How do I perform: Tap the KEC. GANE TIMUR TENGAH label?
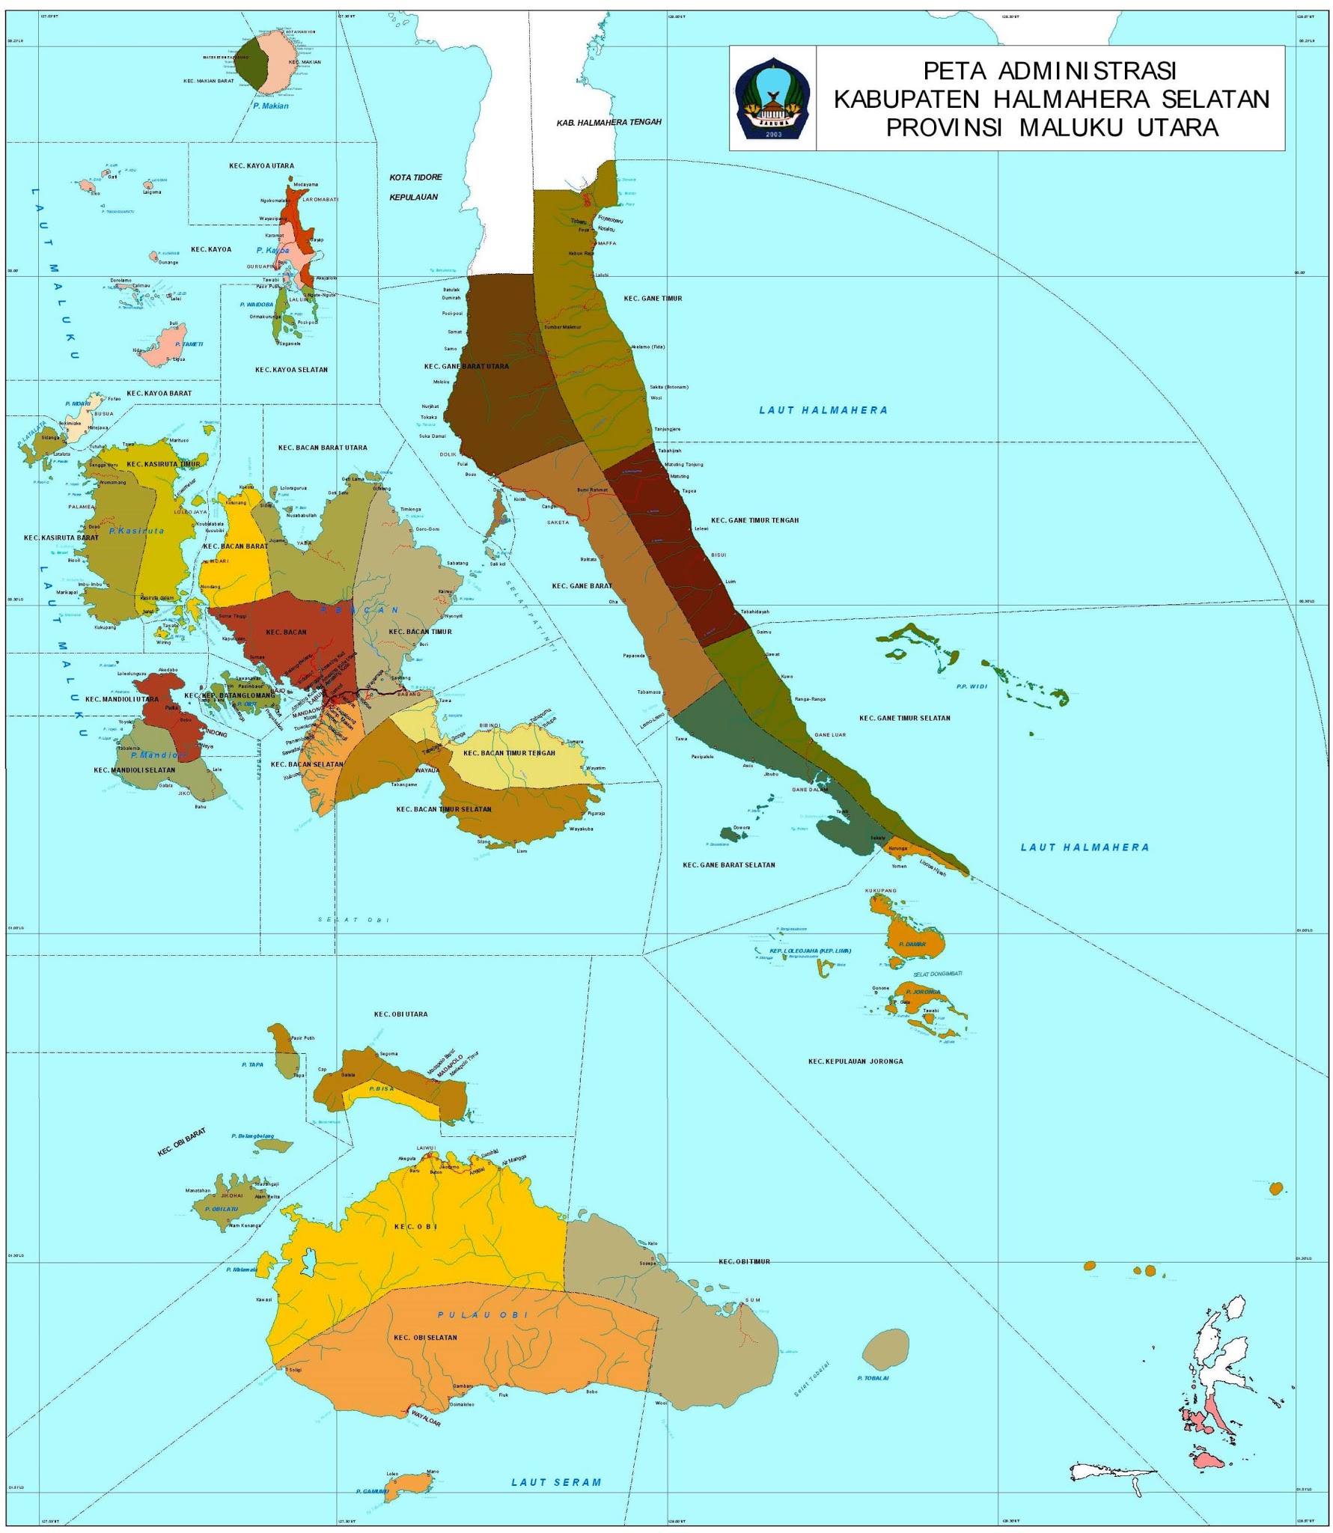pyautogui.click(x=754, y=520)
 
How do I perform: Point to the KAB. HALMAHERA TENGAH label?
pyautogui.click(x=608, y=122)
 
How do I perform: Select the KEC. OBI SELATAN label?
pyautogui.click(x=425, y=1338)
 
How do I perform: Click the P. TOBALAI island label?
pyautogui.click(x=873, y=1378)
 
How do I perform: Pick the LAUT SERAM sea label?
pyautogui.click(x=556, y=1482)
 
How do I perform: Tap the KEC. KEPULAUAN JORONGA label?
pyautogui.click(x=855, y=1061)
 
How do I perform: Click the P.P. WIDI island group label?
pyautogui.click(x=971, y=686)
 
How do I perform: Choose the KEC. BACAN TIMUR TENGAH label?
pyautogui.click(x=509, y=753)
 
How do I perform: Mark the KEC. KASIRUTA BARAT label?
pyautogui.click(x=61, y=537)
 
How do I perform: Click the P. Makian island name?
pyautogui.click(x=270, y=106)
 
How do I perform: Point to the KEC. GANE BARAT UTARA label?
pyautogui.click(x=466, y=367)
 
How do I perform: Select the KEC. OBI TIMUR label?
pyautogui.click(x=744, y=1262)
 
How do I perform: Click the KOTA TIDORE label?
pyautogui.click(x=415, y=177)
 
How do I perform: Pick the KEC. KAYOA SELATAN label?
pyautogui.click(x=291, y=370)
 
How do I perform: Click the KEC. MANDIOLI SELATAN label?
pyautogui.click(x=135, y=769)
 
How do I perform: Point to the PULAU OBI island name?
pyautogui.click(x=483, y=1315)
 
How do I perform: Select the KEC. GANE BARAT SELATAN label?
pyautogui.click(x=728, y=865)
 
